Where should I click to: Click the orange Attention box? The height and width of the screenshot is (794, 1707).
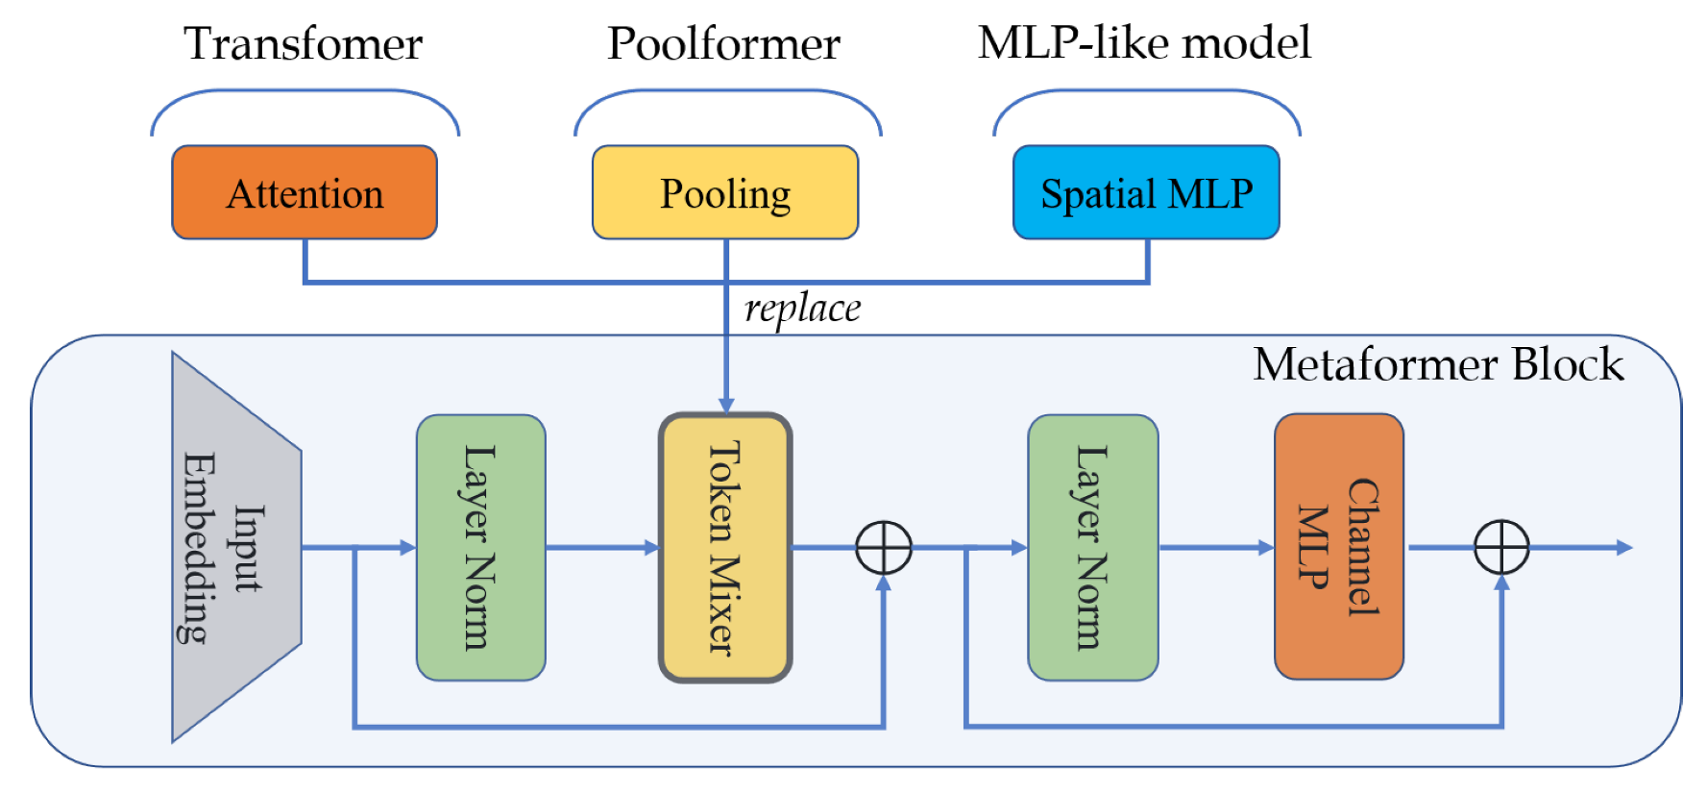coord(305,192)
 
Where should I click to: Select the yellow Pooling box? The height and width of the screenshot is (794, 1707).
coord(725,192)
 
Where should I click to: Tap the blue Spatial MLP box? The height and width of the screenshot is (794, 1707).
coord(1146,192)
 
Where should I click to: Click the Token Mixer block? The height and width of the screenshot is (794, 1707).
coord(725,547)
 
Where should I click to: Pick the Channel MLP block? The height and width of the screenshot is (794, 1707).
coord(1338,547)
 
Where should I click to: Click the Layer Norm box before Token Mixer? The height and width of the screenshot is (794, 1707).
coord(480,547)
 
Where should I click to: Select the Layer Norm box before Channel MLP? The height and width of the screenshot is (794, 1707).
coord(1092,547)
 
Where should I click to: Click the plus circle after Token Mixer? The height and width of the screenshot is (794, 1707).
coord(884,547)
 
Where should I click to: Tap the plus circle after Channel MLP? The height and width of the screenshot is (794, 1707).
coord(1501,547)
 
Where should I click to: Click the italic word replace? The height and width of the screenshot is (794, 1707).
coord(802,309)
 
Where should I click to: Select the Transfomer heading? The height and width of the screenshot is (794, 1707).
coord(303,44)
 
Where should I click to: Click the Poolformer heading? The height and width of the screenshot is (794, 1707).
coord(723,44)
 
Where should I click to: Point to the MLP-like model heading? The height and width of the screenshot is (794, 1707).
coord(1143,43)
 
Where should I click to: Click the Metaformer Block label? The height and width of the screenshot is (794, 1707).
coord(1438,365)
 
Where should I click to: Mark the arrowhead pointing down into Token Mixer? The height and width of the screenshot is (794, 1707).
coord(726,405)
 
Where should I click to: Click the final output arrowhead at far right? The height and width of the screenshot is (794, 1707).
coord(1624,547)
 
